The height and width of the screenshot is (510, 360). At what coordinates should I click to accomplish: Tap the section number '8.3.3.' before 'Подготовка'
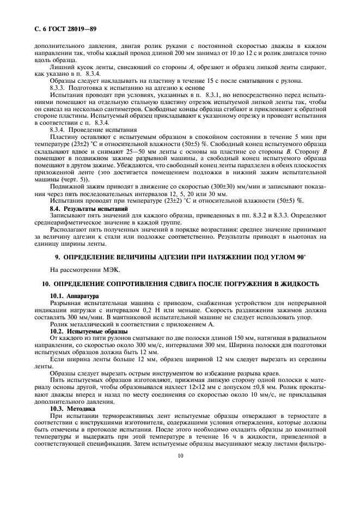(x=59, y=87)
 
